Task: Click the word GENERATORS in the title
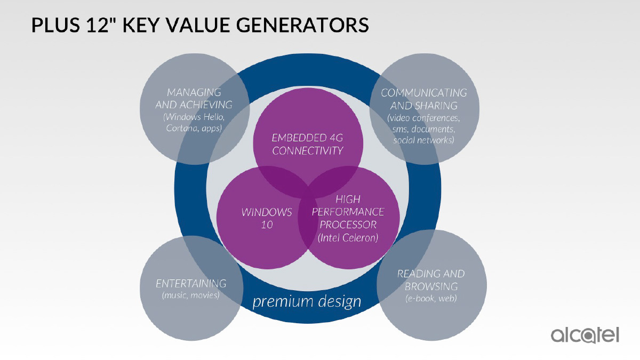pos(302,25)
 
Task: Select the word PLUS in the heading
pos(55,25)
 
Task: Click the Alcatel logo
pos(585,335)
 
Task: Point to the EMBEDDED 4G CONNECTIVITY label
pos(307,145)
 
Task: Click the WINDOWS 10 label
pos(267,218)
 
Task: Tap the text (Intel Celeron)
pos(348,238)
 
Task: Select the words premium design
pos(307,302)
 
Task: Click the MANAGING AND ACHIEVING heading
pos(194,99)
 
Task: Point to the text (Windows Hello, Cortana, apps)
pos(194,123)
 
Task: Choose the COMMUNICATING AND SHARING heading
pos(423,99)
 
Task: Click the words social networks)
pos(423,140)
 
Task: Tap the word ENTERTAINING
pos(191,283)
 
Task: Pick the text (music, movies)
pos(190,295)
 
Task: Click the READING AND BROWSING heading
pos(431,280)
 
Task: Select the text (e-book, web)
pos(431,298)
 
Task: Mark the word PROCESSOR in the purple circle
pos(348,225)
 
